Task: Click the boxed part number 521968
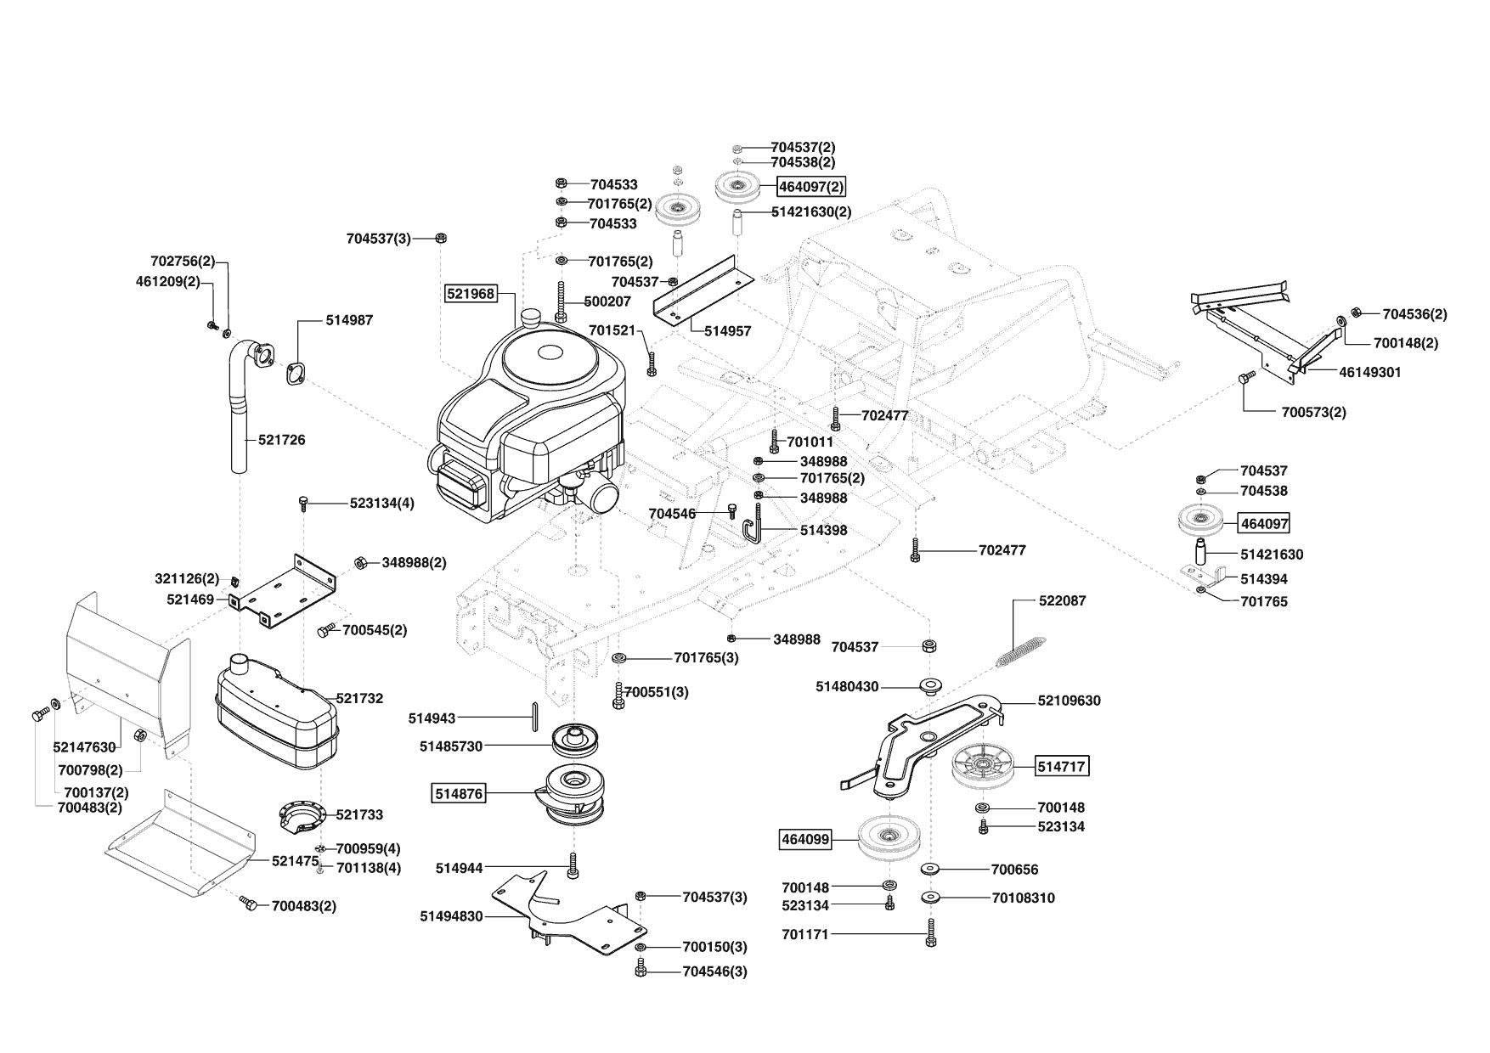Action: coord(470,294)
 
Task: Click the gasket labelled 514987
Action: coord(296,374)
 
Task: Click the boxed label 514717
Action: coord(1062,767)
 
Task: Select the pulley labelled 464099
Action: coord(889,838)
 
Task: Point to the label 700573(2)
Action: coord(1313,413)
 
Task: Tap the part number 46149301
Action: coord(1370,372)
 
